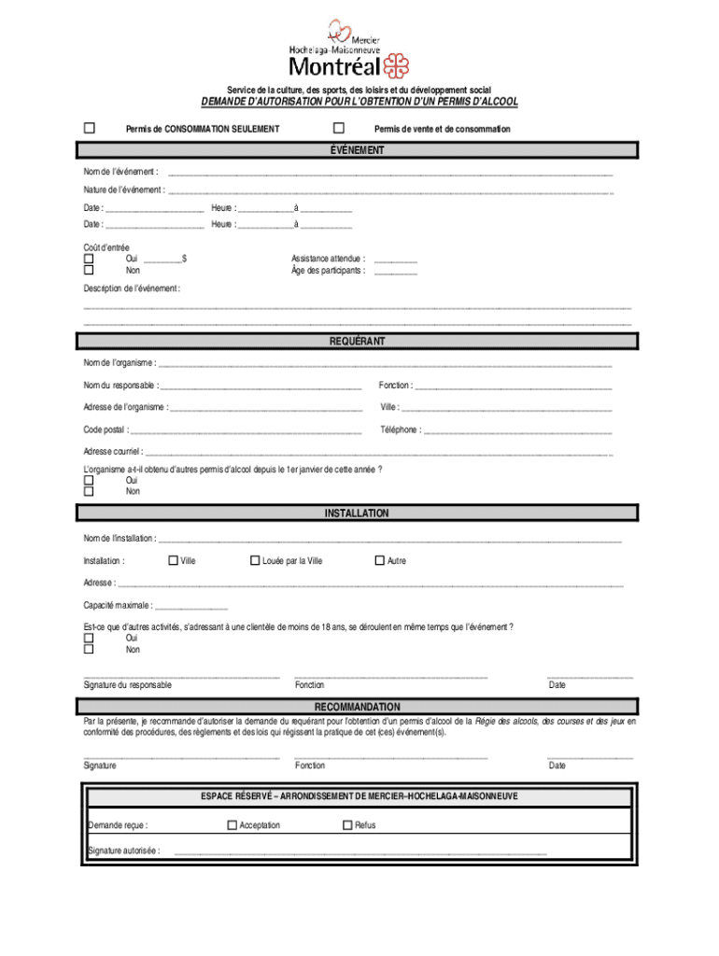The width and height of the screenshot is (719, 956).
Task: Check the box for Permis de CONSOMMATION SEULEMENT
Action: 90,128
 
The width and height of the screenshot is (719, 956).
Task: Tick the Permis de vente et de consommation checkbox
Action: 339,128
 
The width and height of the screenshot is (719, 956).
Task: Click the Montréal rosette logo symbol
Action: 397,65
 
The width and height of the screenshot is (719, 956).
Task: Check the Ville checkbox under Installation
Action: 173,560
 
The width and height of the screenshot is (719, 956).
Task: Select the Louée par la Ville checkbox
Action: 255,560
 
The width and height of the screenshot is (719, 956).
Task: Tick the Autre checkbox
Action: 379,560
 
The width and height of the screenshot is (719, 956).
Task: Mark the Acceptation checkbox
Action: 233,824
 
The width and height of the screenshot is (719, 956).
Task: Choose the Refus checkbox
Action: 347,824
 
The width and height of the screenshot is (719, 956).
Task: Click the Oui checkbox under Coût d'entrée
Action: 89,259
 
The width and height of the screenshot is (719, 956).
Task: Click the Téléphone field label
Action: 400,430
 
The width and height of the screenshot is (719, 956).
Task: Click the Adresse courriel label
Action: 113,451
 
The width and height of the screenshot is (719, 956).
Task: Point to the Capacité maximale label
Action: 118,605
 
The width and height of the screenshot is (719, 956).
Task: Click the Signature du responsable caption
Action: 127,685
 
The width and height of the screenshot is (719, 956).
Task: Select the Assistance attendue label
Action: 328,259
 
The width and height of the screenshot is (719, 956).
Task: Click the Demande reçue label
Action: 118,825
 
